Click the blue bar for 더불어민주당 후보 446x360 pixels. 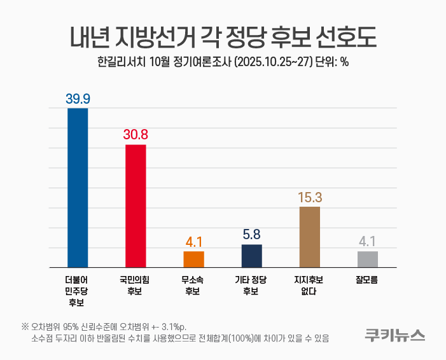coord(78,188)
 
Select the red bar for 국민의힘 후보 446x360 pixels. coord(136,205)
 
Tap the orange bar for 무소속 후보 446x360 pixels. coord(193,259)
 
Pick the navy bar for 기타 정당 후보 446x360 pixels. coord(251,256)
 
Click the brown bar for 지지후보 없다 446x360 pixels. coord(310,237)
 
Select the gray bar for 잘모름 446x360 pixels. coord(368,259)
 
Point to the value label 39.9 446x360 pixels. coord(78,99)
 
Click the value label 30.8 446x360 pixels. coord(136,135)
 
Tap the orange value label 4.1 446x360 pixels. coord(193,242)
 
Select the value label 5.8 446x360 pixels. coord(251,235)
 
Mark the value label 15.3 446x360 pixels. coord(310,197)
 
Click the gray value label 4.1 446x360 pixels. coord(368,242)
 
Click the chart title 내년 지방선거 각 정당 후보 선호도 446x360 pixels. coord(223,37)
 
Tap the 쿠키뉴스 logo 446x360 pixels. coord(394,335)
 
